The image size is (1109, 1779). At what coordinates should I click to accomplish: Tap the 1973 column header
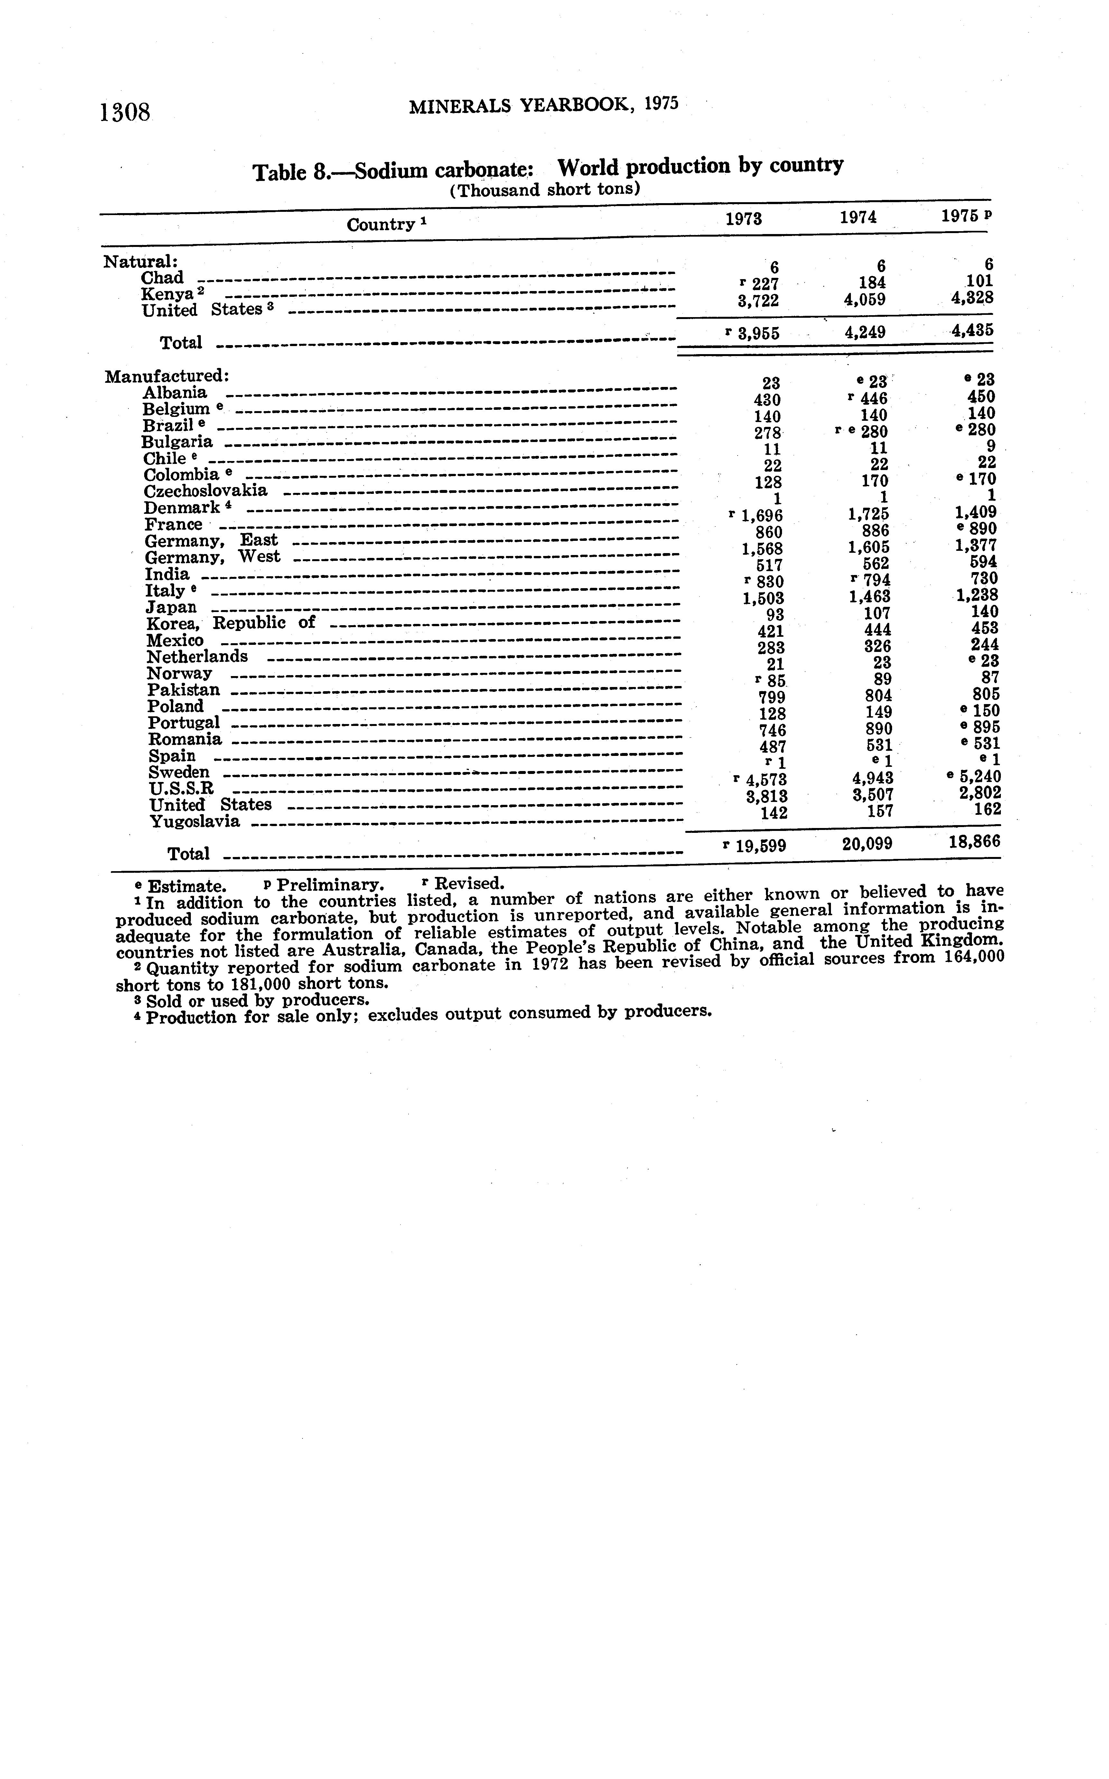point(743,219)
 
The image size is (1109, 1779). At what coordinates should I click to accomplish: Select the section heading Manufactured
point(167,376)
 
